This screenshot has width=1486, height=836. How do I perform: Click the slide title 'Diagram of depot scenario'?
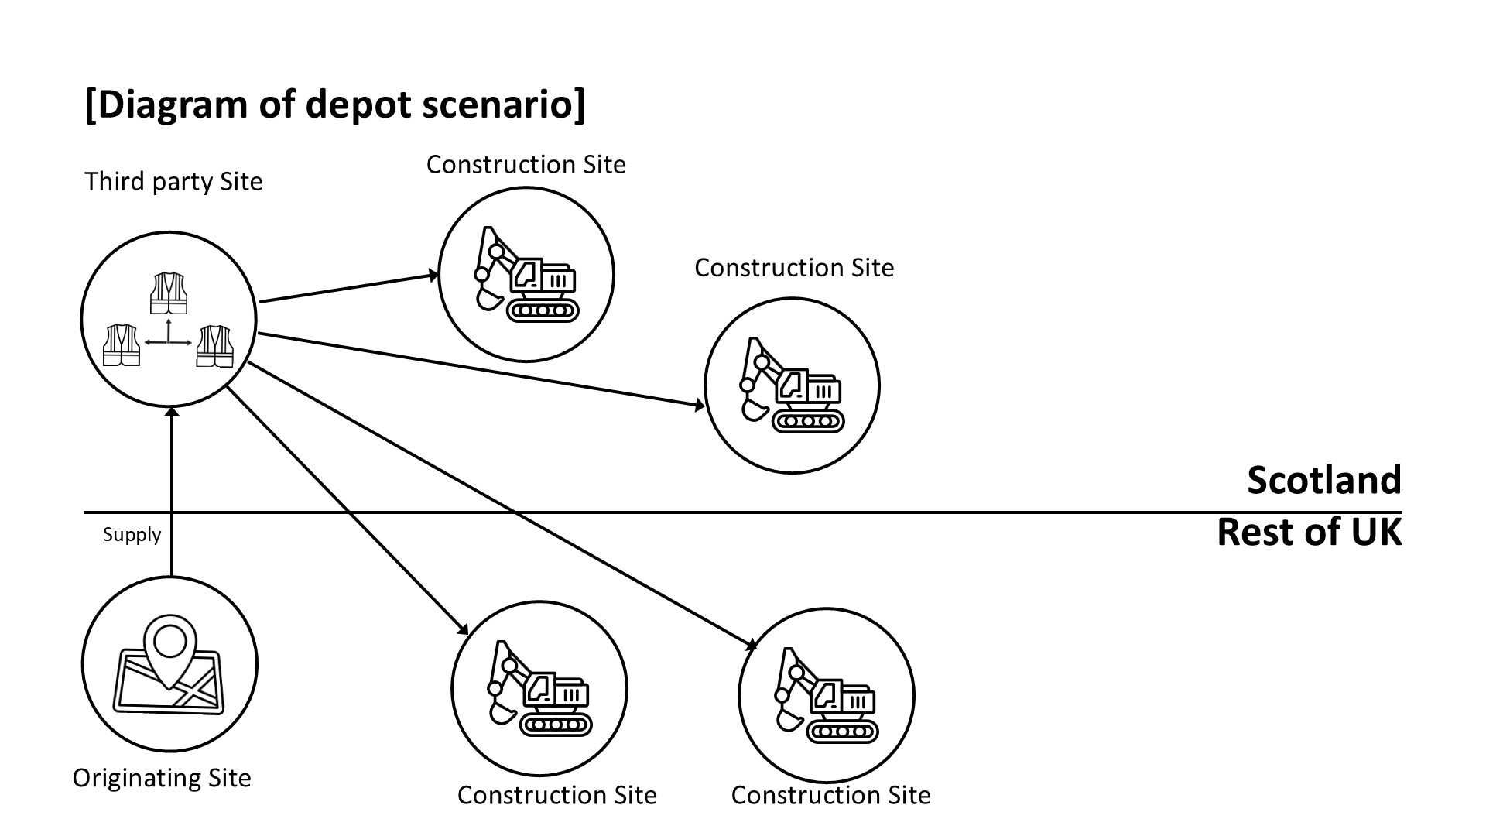(334, 104)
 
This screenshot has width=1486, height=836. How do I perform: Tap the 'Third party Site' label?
(173, 182)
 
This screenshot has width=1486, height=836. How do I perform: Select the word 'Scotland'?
(1323, 481)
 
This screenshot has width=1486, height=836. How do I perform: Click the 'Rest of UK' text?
(1309, 533)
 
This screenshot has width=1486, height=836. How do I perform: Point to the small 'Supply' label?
(132, 535)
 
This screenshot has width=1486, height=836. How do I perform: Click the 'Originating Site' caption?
(162, 778)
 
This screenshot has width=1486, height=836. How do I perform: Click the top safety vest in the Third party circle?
(169, 293)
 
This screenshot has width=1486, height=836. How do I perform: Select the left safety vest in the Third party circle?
(122, 344)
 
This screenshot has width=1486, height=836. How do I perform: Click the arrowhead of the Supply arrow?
(171, 412)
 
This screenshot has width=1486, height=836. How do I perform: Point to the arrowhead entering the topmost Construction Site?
(433, 276)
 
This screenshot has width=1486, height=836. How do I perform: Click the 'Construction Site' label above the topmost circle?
(526, 165)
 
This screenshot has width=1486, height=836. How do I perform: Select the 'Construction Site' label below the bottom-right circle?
(830, 796)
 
